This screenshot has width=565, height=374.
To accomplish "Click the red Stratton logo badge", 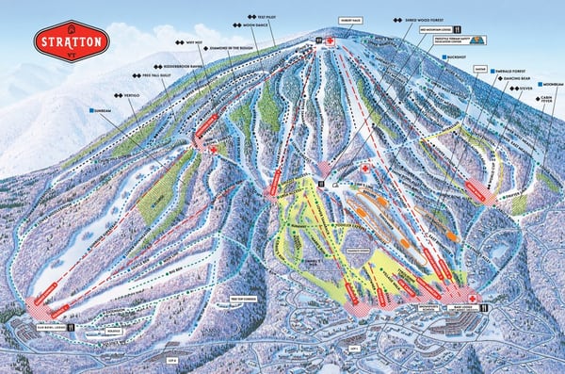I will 72,41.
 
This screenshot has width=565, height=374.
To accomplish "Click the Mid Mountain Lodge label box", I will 411,30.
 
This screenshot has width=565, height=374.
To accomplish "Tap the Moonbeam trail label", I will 553,84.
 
